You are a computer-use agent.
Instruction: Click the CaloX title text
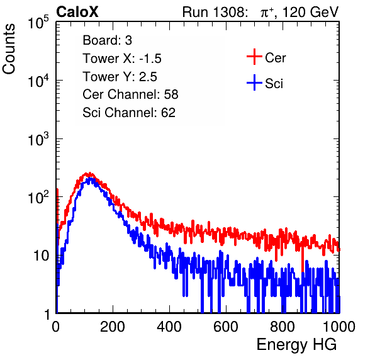click(77, 12)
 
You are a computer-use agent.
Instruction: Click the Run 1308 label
click(215, 12)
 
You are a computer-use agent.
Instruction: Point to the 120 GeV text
click(310, 12)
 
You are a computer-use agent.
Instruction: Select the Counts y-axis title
click(9, 49)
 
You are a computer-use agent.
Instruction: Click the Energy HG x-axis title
click(296, 345)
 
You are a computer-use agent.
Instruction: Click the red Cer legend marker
click(254, 57)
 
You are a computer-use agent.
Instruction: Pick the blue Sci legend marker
click(254, 83)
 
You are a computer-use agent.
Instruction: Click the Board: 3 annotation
click(107, 40)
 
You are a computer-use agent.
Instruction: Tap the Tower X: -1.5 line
click(122, 59)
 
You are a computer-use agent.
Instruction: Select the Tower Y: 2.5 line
click(120, 77)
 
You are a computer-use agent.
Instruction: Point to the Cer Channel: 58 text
click(130, 94)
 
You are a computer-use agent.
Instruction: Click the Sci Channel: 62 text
click(129, 113)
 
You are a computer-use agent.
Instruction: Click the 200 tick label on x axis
click(113, 327)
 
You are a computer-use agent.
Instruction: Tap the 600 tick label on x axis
click(226, 327)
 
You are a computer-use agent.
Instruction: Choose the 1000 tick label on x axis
click(339, 327)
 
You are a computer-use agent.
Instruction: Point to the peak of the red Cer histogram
click(89, 173)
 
